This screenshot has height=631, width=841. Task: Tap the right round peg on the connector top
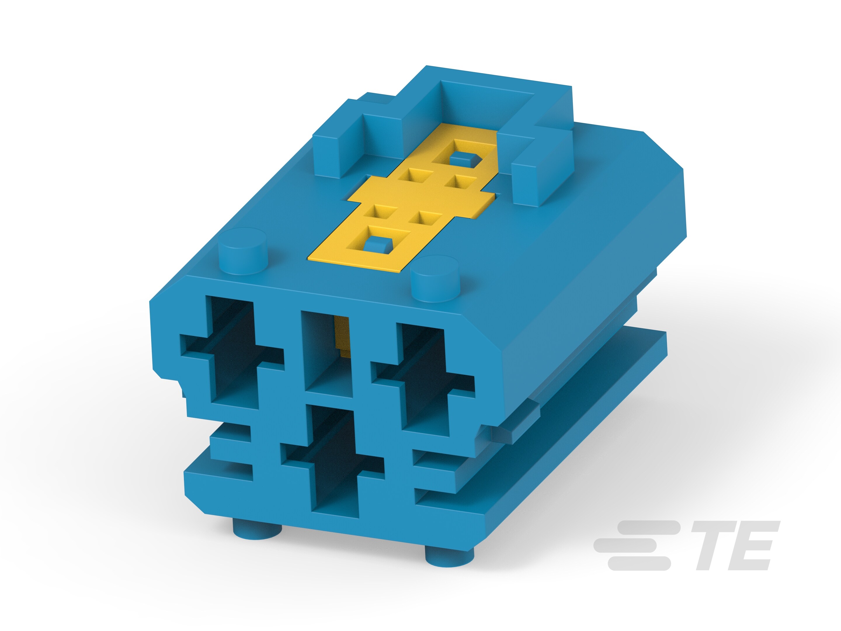click(435, 278)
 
